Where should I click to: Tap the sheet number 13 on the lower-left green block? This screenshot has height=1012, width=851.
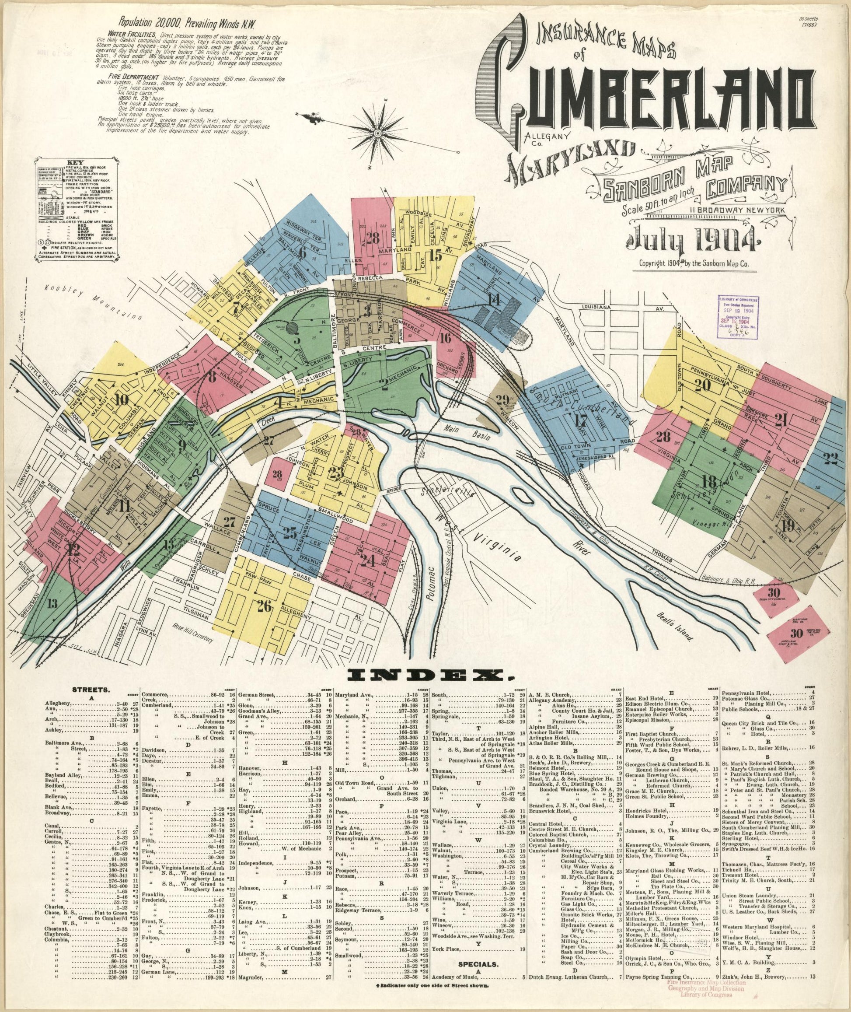click(52, 603)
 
